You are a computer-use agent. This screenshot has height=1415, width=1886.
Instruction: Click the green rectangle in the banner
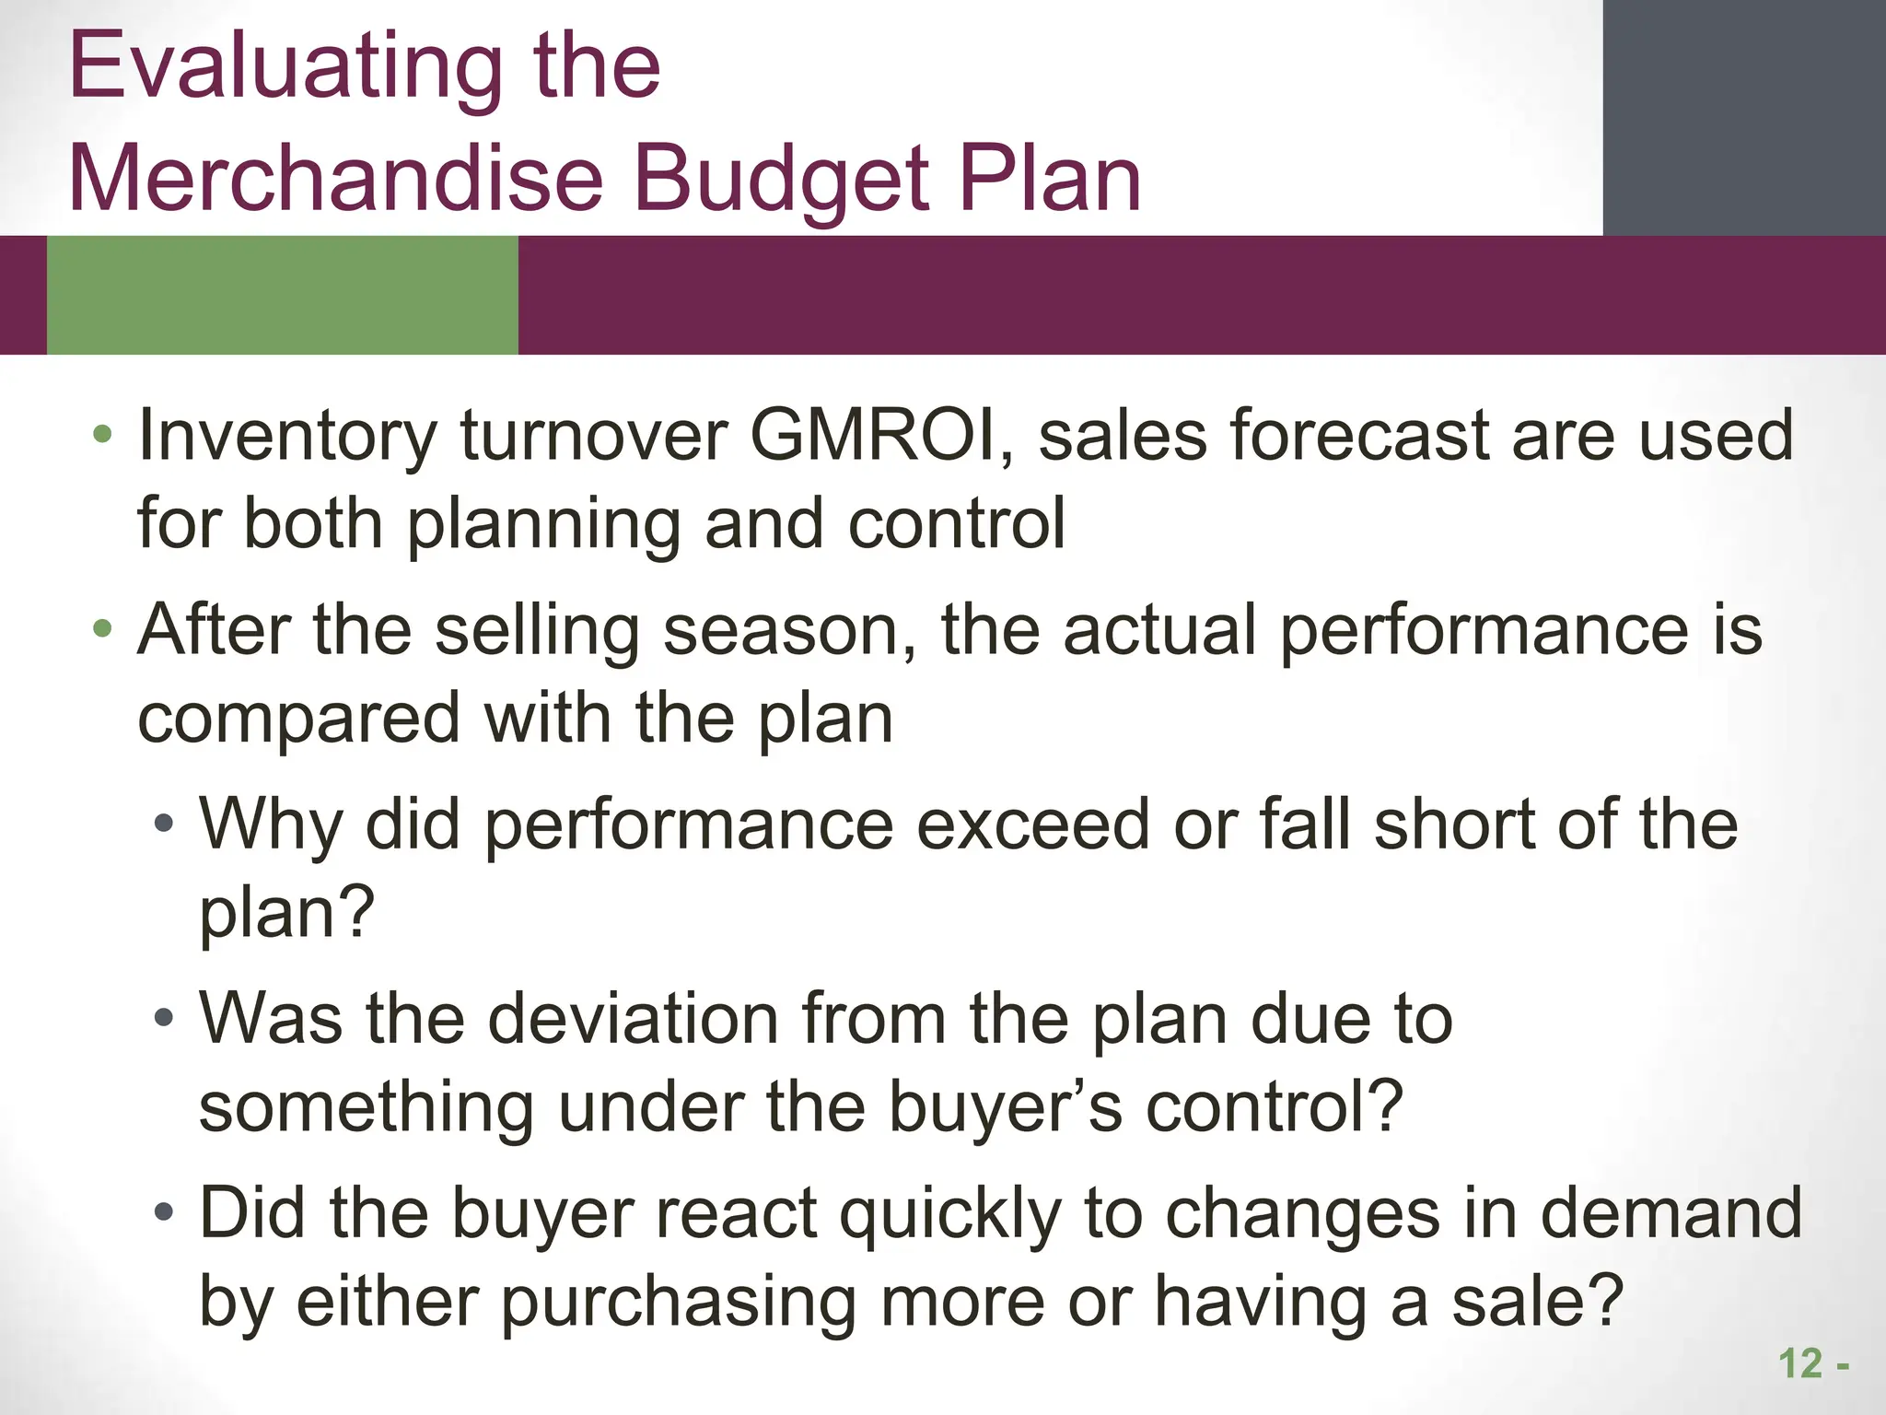click(282, 295)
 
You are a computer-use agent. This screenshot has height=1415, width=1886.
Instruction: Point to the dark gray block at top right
click(1743, 117)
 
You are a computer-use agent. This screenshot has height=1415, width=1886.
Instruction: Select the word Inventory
click(287, 437)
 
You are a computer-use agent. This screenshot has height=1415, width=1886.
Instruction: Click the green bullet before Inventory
click(103, 434)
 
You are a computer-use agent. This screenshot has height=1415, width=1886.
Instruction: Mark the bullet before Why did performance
click(164, 823)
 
